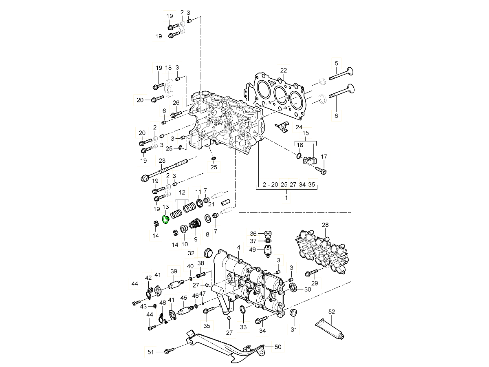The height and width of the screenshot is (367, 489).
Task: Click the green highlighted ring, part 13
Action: coord(165,220)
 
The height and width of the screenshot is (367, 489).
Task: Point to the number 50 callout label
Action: coord(278,347)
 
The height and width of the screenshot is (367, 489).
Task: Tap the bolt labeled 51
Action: coord(168,351)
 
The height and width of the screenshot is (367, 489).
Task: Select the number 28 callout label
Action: coord(325,225)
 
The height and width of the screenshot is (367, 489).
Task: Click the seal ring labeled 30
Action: coord(293,289)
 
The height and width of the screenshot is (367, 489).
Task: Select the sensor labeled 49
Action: coord(269,252)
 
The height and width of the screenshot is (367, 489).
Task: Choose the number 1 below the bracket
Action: coord(286,197)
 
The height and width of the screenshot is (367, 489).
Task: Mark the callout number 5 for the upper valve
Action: coord(336,63)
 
